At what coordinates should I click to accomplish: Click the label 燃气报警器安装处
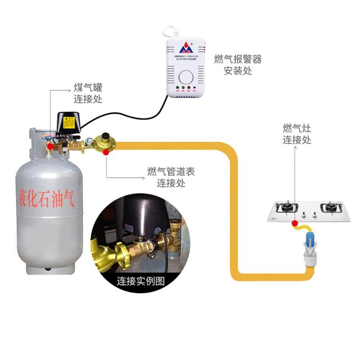[x=238, y=65]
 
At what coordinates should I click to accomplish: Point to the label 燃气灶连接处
[x=297, y=134]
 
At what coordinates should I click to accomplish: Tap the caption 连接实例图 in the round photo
[x=141, y=282]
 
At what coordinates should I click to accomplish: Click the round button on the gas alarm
[x=185, y=75]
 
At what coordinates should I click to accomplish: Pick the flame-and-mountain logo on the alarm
[x=185, y=48]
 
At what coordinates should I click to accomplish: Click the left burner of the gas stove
[x=287, y=208]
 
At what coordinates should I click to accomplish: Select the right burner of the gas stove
[x=329, y=208]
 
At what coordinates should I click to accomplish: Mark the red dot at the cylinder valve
[x=50, y=146]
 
